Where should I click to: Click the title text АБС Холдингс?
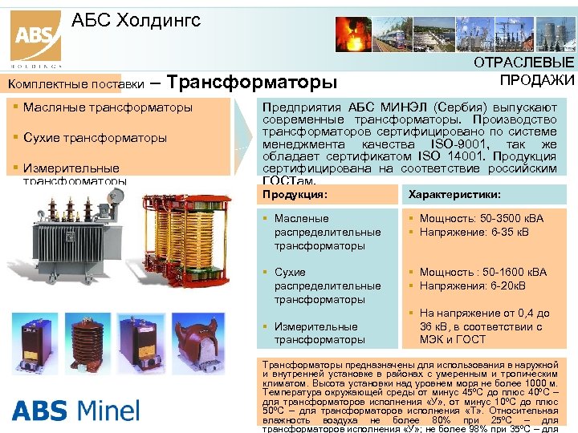click(x=136, y=19)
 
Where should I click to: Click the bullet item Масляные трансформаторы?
click(x=108, y=107)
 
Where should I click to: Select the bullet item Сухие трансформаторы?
click(x=95, y=137)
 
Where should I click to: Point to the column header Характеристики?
click(x=454, y=194)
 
